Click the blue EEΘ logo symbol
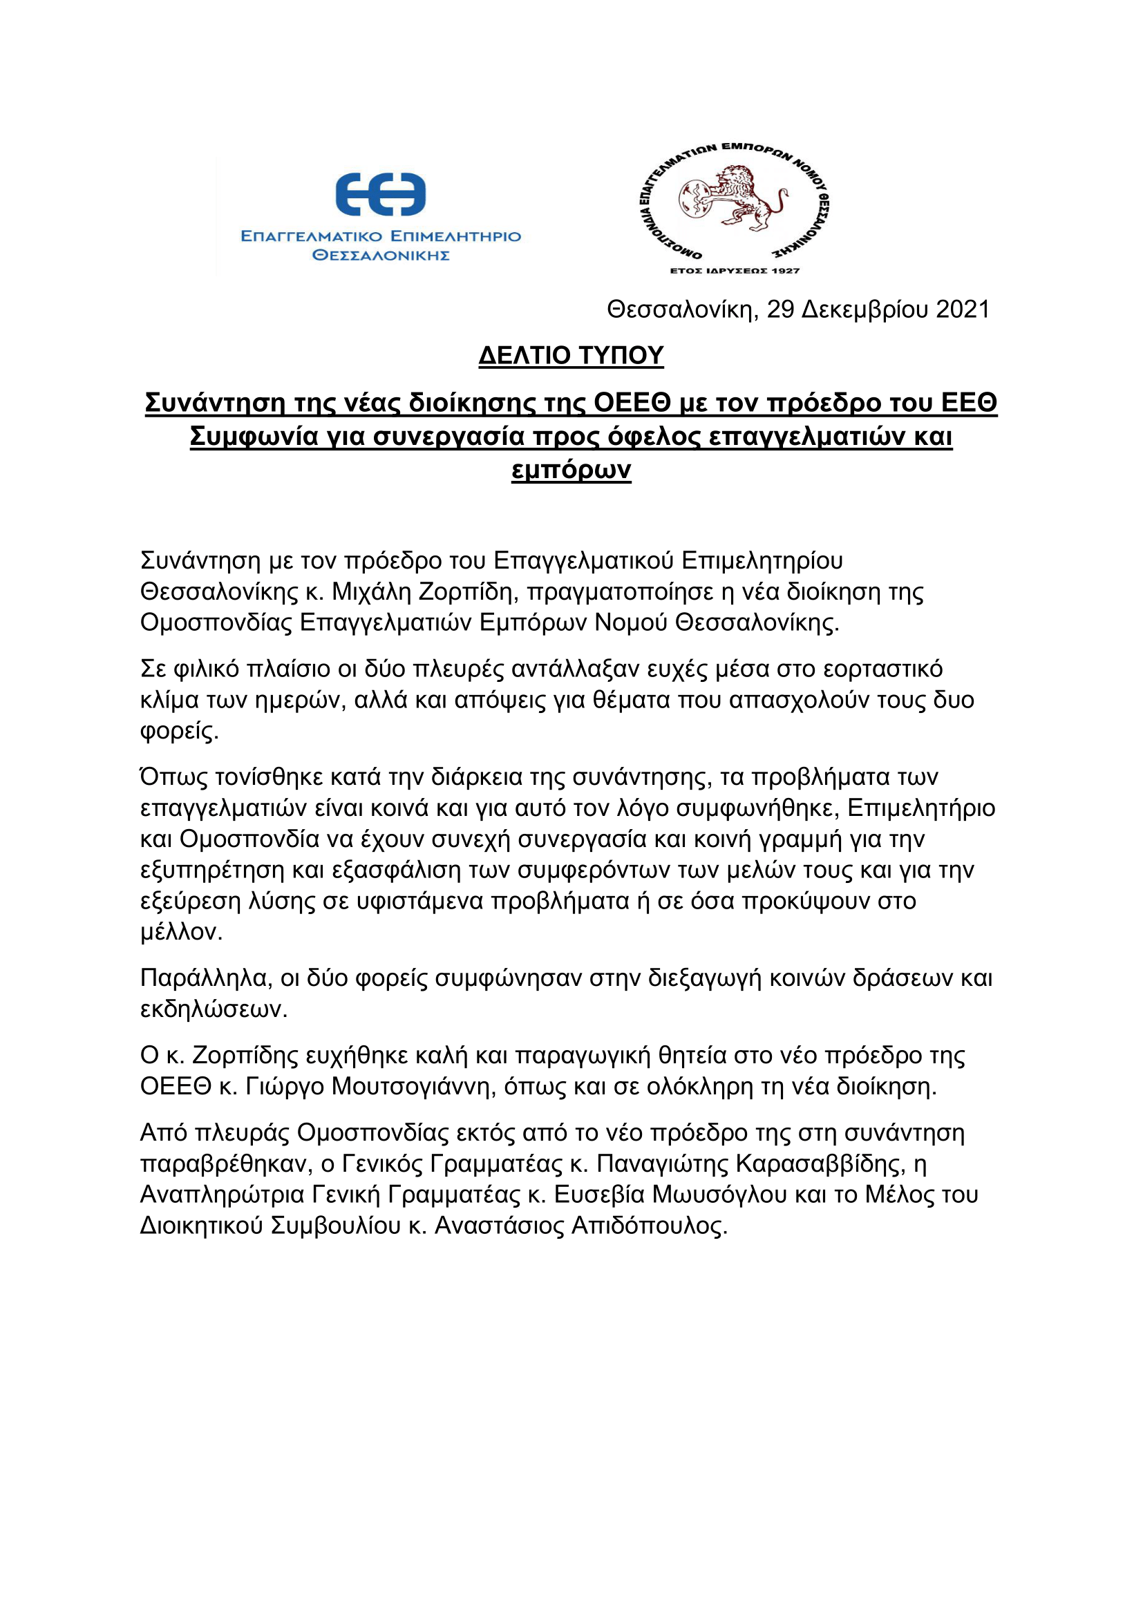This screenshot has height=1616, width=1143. click(381, 194)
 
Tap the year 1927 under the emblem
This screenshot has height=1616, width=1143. click(786, 271)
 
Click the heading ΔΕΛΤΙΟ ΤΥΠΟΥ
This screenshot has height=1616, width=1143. click(571, 355)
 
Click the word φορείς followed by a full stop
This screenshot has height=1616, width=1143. click(179, 731)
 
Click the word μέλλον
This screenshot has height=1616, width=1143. click(181, 933)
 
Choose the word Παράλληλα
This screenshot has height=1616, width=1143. click(205, 978)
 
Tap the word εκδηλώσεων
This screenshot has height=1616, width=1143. click(214, 1009)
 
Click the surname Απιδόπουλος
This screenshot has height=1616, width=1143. click(648, 1226)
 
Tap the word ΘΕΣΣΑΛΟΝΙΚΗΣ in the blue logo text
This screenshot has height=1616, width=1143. click(381, 256)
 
